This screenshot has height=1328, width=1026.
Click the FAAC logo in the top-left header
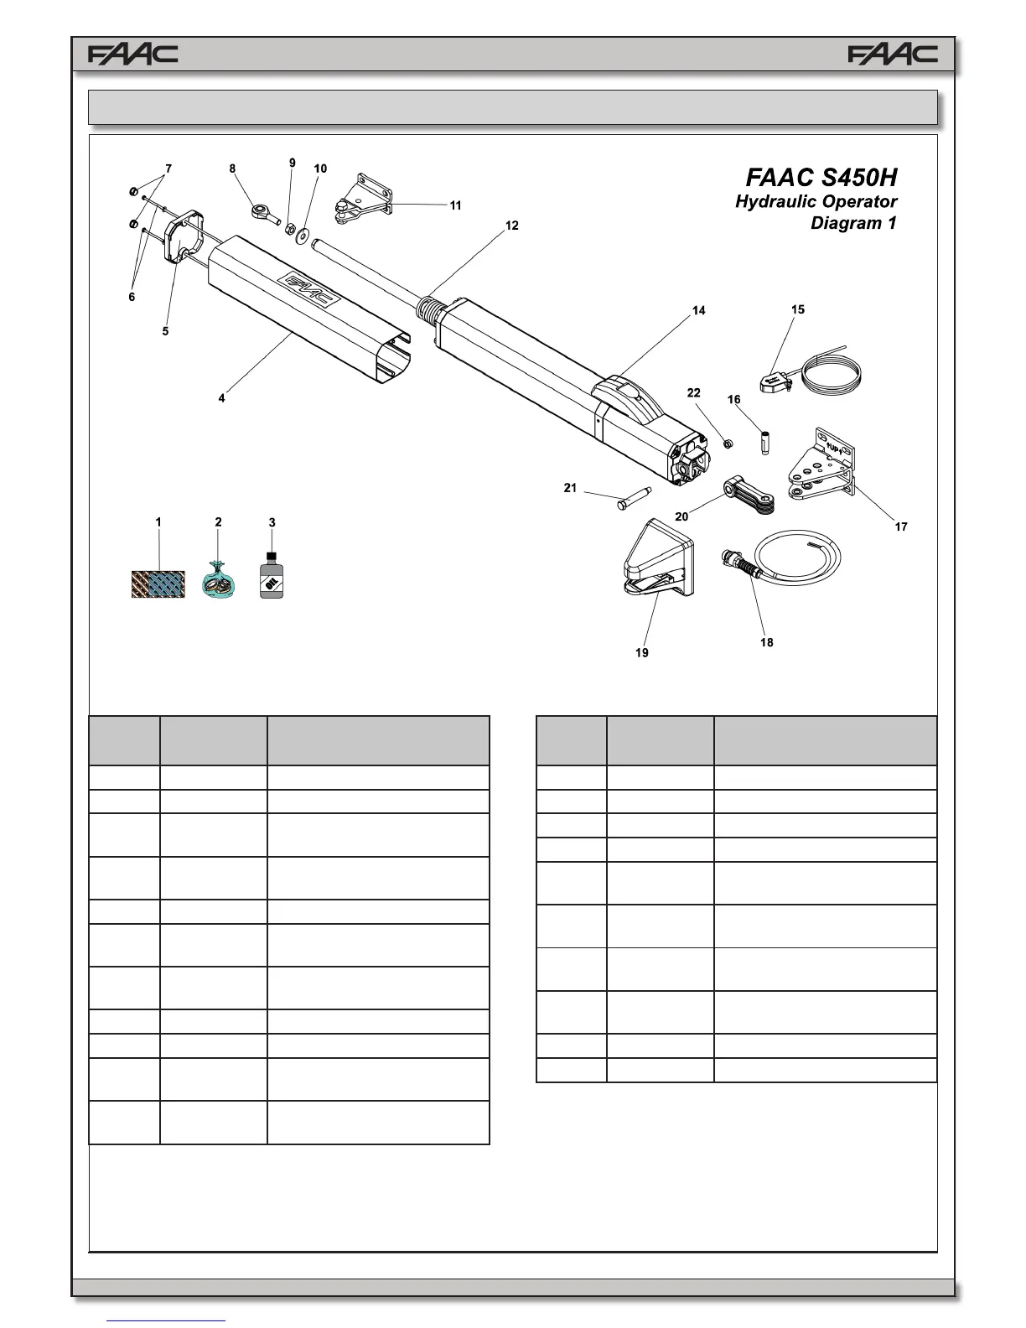133,54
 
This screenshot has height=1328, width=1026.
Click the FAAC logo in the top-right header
893,54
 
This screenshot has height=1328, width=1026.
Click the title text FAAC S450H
821,178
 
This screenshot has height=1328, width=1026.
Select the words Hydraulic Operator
816,202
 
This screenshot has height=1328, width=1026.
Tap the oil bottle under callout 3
271,576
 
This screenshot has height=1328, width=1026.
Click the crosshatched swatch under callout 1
158,584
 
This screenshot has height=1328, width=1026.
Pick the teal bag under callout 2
218,581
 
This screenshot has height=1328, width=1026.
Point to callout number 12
511,226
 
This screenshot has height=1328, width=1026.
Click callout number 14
698,310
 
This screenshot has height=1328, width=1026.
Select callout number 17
901,527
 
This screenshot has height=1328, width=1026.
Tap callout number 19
641,652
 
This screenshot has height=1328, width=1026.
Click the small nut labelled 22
728,443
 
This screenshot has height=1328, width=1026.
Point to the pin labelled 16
765,442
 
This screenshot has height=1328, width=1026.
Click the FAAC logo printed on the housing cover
308,291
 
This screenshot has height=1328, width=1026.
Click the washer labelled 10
302,231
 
